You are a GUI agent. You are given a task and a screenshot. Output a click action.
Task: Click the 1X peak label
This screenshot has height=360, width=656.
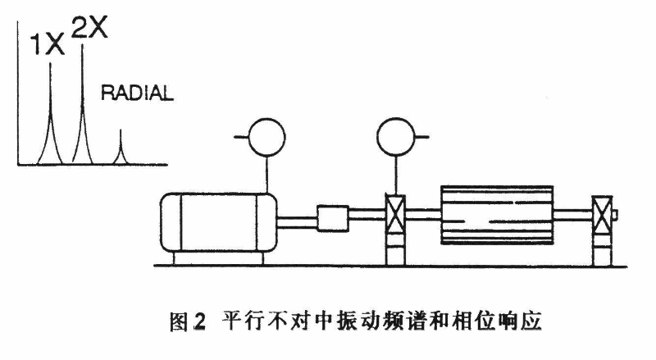click(47, 45)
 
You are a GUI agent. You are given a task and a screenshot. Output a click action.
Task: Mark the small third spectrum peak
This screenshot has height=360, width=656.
click(121, 148)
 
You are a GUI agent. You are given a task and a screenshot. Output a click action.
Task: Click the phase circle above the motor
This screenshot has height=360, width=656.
click(263, 138)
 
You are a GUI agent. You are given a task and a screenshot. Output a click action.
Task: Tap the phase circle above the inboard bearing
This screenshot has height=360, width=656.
click(397, 137)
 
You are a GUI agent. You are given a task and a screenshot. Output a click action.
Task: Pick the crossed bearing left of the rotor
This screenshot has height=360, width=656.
click(397, 218)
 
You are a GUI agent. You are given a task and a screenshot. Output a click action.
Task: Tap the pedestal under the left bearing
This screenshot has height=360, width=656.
click(397, 251)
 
